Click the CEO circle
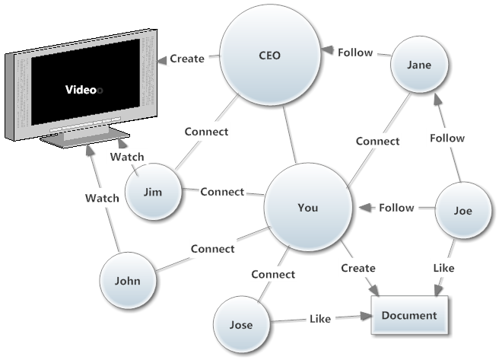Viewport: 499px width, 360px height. (x=269, y=56)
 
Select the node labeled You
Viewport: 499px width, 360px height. (x=307, y=207)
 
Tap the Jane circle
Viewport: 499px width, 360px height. (x=418, y=65)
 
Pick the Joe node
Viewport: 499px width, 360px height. (x=462, y=212)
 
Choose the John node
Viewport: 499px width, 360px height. (x=127, y=280)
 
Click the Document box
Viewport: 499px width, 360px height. (x=409, y=316)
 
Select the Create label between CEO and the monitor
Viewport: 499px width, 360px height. (x=187, y=58)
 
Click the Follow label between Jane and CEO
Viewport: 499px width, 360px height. (x=354, y=53)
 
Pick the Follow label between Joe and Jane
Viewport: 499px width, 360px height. (x=447, y=138)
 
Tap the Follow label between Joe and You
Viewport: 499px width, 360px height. (x=396, y=207)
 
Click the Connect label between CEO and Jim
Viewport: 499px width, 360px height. (x=206, y=131)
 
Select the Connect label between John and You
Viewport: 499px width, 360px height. (x=212, y=249)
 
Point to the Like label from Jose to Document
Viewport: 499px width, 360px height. (x=319, y=319)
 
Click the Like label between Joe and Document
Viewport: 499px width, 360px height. (x=444, y=268)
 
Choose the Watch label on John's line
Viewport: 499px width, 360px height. (x=102, y=198)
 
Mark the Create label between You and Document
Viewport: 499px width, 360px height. (x=358, y=268)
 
